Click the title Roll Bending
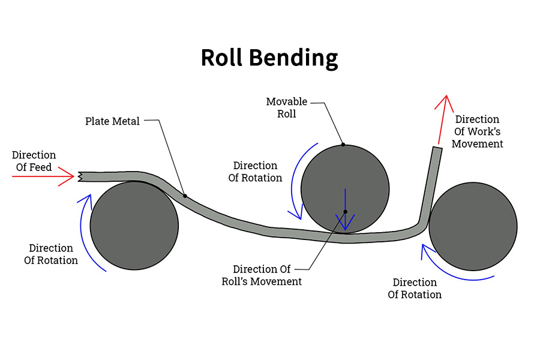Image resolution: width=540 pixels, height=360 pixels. [x=269, y=58]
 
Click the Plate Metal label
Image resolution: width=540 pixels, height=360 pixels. [x=112, y=122]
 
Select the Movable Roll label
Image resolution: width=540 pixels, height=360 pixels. [x=286, y=107]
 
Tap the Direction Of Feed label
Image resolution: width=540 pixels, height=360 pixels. [x=34, y=161]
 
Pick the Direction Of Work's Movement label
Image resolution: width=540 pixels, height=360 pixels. [x=477, y=131]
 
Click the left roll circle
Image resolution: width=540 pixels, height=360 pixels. [x=134, y=225]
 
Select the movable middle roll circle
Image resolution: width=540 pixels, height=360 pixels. [x=345, y=180]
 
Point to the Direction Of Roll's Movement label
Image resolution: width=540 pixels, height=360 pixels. [x=268, y=275]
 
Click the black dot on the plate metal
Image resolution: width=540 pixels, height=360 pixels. [x=185, y=196]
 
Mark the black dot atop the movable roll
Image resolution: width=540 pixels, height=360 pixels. [x=343, y=145]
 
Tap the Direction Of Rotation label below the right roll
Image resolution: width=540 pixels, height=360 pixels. [x=415, y=289]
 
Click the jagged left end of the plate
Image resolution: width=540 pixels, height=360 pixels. [x=80, y=176]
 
